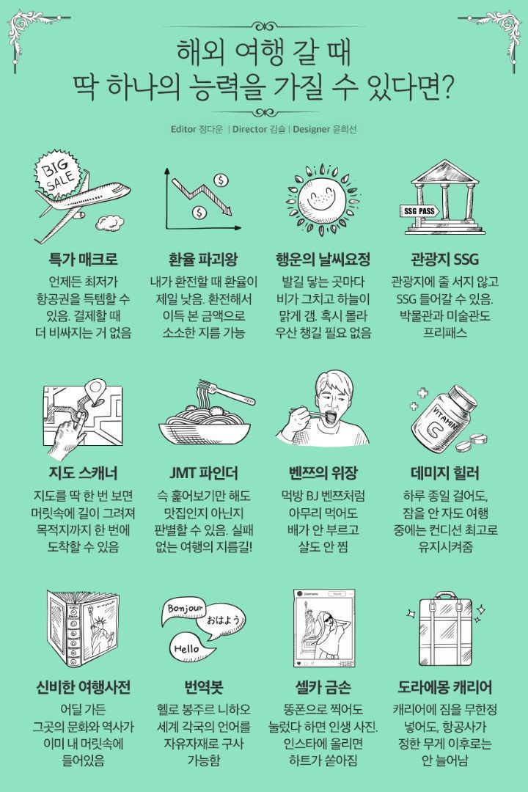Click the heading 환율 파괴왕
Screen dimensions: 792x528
[203, 260]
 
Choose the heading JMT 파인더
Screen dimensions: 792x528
[202, 472]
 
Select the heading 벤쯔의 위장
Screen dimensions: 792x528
[323, 472]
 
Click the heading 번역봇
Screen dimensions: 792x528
[203, 687]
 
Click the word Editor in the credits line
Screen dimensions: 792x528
[183, 130]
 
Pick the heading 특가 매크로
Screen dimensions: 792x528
[83, 260]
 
